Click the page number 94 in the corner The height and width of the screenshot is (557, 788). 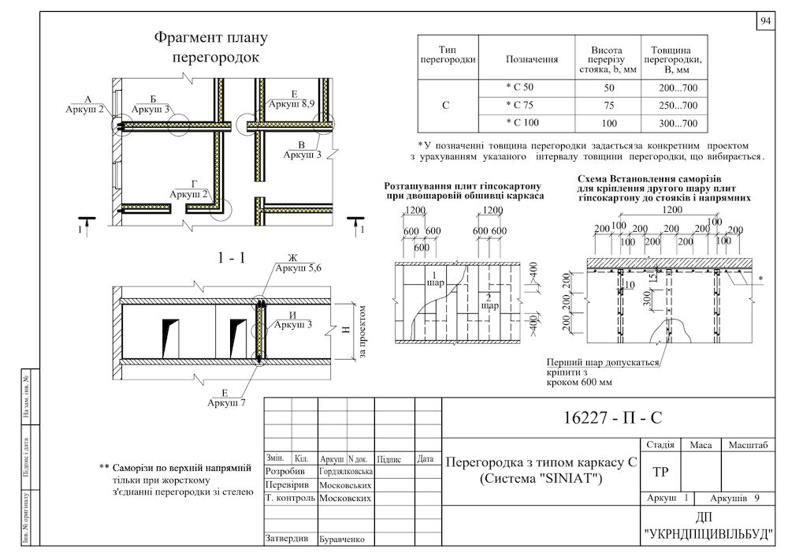click(x=766, y=22)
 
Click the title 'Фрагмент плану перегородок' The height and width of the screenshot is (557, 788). click(x=211, y=47)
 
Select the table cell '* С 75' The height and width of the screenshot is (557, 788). click(x=519, y=105)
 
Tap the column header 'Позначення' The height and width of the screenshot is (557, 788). click(x=531, y=58)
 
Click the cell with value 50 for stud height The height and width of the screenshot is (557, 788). click(x=608, y=86)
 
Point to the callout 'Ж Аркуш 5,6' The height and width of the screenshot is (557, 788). click(x=292, y=264)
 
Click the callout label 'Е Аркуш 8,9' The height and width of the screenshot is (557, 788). click(x=293, y=99)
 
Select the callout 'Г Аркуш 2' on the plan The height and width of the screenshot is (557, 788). click(x=189, y=189)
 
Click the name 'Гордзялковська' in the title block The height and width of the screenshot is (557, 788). click(x=345, y=471)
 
